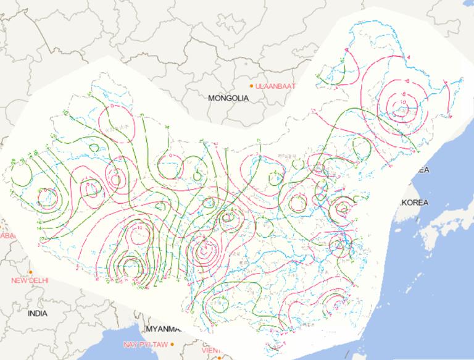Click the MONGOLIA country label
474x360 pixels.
point(228,98)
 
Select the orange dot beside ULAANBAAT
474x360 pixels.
point(252,85)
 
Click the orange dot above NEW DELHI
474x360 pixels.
point(30,272)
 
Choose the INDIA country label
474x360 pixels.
point(37,313)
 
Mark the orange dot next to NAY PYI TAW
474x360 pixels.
point(173,343)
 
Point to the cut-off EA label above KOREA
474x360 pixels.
point(423,170)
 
